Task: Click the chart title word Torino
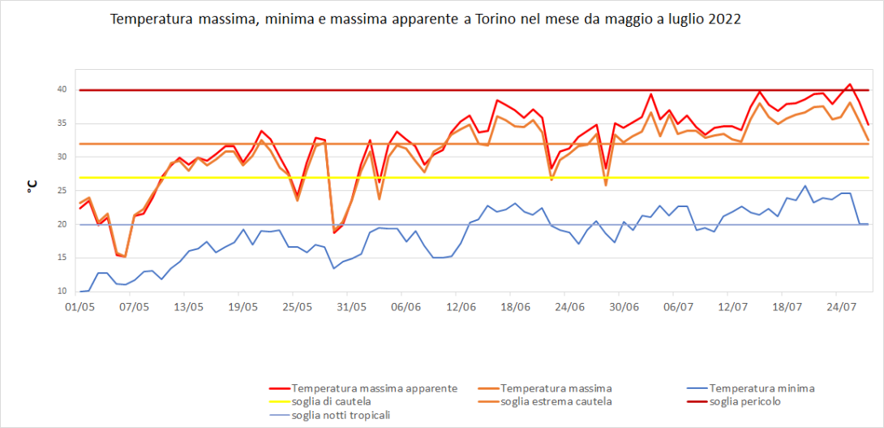[x=496, y=19]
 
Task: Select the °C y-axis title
[x=32, y=186]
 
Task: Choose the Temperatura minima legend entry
[x=762, y=388]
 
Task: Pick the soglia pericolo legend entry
[x=745, y=401]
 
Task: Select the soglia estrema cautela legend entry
[x=556, y=401]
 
